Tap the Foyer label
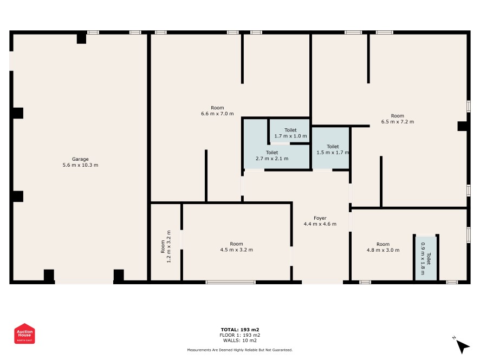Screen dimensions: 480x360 pos(320,218)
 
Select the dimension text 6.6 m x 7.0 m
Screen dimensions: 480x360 pos(217,114)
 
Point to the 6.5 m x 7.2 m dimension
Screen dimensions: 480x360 pos(397,122)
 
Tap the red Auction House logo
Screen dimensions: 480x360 pos(24,333)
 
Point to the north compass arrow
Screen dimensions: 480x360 pos(462,346)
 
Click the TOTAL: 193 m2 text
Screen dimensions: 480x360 pos(240,330)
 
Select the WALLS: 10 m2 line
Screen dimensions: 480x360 pos(240,341)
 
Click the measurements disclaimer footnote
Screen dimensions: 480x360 pos(240,350)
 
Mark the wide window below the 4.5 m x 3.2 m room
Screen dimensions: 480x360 pos(230,282)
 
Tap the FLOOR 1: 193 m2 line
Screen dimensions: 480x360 pos(240,335)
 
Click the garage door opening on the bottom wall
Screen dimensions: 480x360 pos(84,282)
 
